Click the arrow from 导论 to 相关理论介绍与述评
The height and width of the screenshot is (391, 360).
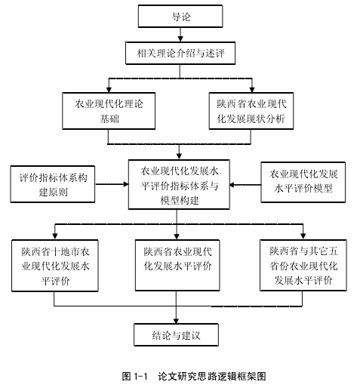[180, 35]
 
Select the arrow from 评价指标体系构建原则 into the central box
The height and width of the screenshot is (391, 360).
[112, 184]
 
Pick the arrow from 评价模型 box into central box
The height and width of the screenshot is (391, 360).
[245, 185]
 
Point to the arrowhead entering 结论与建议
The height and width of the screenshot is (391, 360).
[176, 321]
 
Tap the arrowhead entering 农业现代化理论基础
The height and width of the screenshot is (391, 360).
[109, 90]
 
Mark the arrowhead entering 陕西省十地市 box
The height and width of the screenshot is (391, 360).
[55, 236]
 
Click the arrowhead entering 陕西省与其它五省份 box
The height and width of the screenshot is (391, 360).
[303, 236]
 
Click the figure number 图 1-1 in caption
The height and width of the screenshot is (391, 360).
[134, 377]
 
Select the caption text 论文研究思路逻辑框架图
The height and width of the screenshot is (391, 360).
[212, 377]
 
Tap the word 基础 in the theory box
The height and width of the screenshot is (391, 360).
[109, 119]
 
